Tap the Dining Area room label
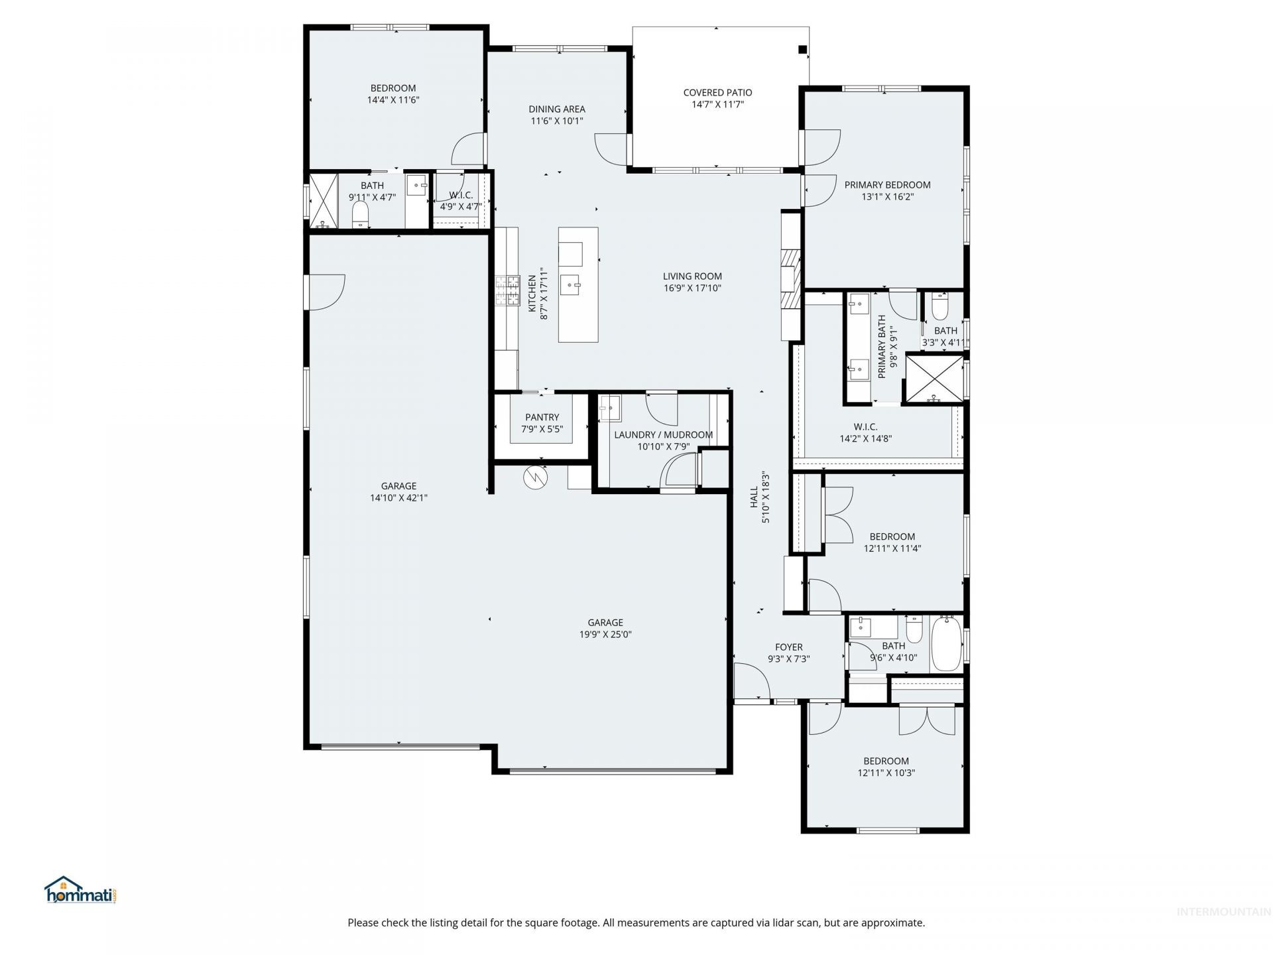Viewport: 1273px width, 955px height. click(x=557, y=109)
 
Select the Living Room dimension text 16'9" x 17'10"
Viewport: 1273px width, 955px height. click(x=692, y=288)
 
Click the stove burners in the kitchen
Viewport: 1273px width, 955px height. click(x=508, y=290)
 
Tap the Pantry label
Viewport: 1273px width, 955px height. click(x=542, y=417)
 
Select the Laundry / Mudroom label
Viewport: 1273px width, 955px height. click(x=663, y=435)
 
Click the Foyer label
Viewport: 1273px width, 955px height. click(x=789, y=647)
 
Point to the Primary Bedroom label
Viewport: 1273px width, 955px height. click(x=887, y=185)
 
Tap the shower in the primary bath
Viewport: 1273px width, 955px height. click(x=935, y=379)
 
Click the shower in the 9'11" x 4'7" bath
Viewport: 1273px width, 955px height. click(x=323, y=200)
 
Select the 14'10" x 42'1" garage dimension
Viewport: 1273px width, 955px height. click(x=398, y=498)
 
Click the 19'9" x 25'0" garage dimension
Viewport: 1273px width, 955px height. click(x=605, y=635)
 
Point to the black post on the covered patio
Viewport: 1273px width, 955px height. click(x=802, y=48)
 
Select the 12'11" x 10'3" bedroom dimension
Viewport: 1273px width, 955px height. click(x=886, y=773)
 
